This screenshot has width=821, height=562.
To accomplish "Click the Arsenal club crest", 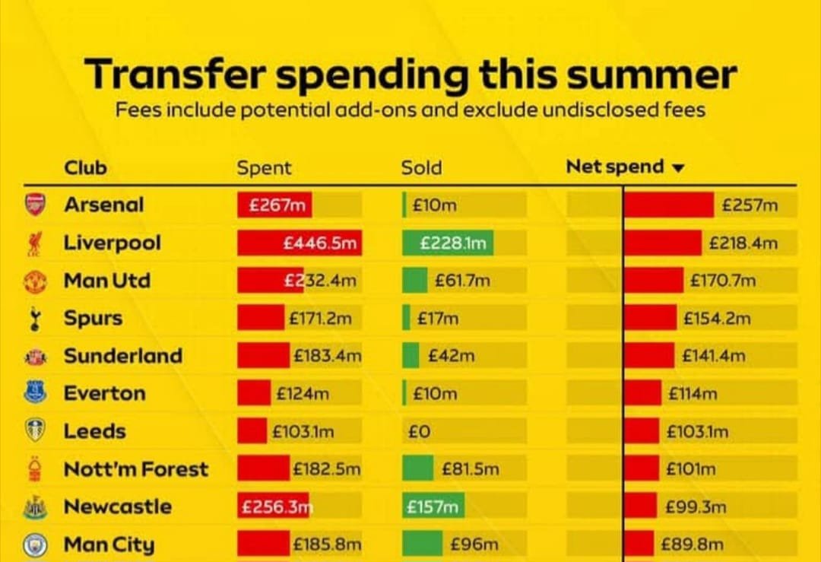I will pyautogui.click(x=35, y=205).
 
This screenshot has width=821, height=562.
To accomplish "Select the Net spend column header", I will pyautogui.click(x=615, y=167).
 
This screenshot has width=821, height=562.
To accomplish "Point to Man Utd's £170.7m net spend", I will pyautogui.click(x=723, y=281).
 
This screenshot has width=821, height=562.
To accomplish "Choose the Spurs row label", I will pyautogui.click(x=93, y=318).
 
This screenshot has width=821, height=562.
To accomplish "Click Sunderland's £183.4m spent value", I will pyautogui.click(x=327, y=356).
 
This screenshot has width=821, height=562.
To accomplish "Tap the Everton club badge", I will pyautogui.click(x=35, y=393).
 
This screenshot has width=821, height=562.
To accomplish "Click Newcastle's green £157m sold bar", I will pyautogui.click(x=433, y=506).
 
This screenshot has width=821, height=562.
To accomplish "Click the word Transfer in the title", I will pyautogui.click(x=176, y=75).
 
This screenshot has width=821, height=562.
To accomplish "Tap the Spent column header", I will pyautogui.click(x=264, y=168).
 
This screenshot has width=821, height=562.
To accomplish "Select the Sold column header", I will pyautogui.click(x=421, y=168).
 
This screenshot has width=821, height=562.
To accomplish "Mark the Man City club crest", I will pyautogui.click(x=35, y=545).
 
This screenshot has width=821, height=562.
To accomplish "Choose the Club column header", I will pyautogui.click(x=85, y=167).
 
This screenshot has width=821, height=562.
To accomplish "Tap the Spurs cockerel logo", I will pyautogui.click(x=35, y=318).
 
